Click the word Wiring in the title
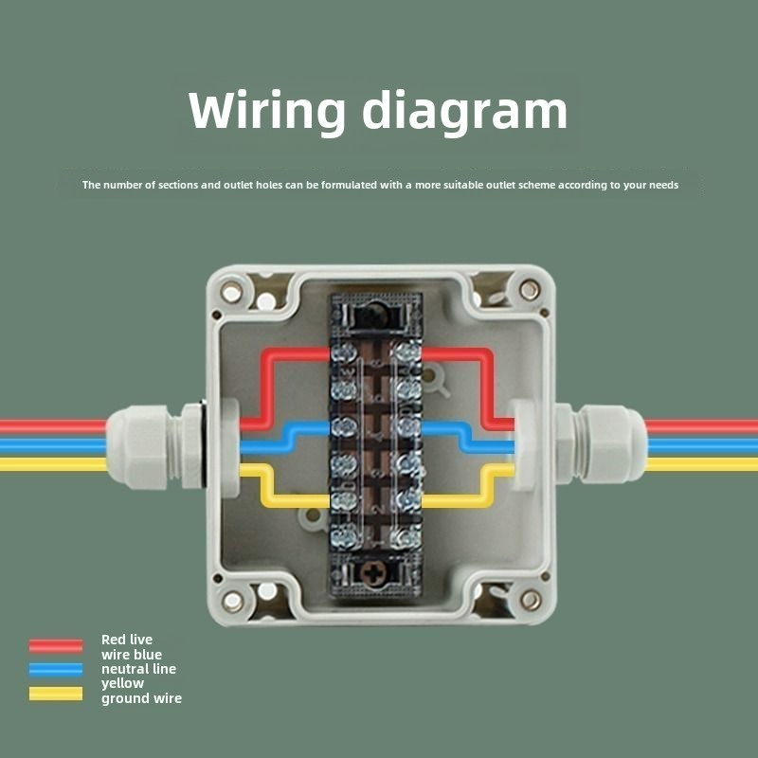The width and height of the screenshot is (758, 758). [x=267, y=112]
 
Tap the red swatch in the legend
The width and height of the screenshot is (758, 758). [x=56, y=645]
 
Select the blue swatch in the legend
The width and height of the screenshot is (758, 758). [x=56, y=669]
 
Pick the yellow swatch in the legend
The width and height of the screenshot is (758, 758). [x=56, y=693]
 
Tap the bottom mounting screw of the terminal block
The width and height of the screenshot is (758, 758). [x=378, y=574]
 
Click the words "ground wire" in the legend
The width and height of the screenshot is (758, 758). [x=141, y=698]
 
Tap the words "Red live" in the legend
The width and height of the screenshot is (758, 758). [x=126, y=640]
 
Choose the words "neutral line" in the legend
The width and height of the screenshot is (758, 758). [x=138, y=669]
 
